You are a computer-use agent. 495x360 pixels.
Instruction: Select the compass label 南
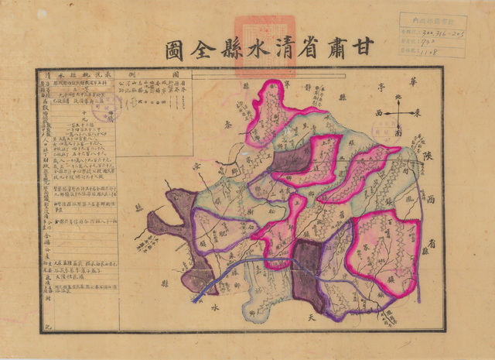[x=399, y=132]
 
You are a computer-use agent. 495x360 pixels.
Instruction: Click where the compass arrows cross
[x=399, y=114]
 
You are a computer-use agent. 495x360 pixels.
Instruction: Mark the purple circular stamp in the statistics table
[x=102, y=105]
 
